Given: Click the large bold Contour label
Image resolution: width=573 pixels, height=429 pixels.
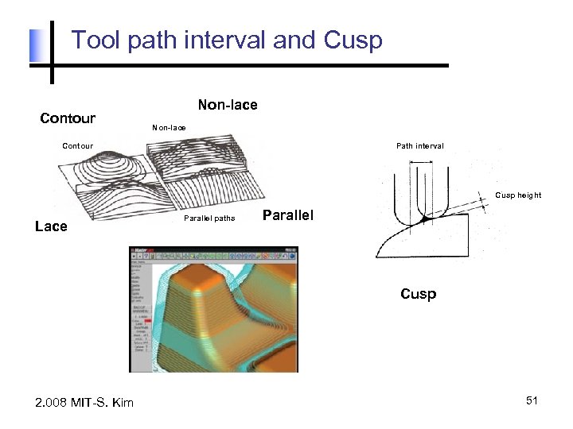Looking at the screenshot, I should click(68, 118).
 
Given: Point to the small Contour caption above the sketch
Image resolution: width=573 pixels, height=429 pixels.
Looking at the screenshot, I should click(78, 145).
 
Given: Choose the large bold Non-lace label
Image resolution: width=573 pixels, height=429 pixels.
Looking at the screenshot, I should click(227, 104).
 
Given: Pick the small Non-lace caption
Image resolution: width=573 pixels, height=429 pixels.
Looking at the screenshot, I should click(169, 127).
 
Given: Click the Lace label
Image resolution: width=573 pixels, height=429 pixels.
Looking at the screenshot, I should click(52, 226).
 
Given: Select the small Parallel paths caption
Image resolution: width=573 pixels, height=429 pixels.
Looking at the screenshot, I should click(209, 218).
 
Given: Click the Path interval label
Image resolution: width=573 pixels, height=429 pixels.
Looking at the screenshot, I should click(420, 145).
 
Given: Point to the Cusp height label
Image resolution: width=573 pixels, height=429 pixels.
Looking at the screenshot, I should click(518, 195).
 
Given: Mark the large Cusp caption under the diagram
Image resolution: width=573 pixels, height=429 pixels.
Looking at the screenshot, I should click(418, 294).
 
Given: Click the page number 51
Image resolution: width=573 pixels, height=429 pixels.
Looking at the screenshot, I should click(532, 402).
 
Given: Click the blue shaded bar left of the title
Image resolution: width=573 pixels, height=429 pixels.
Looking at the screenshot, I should click(34, 46).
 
